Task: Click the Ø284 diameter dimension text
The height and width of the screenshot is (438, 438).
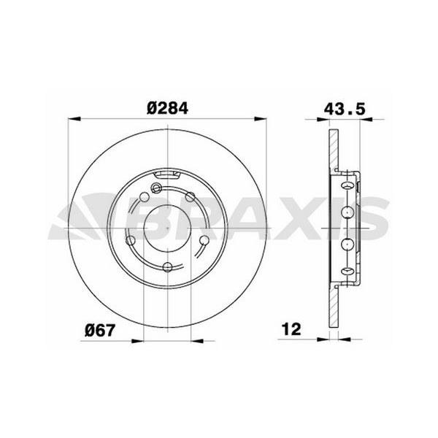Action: point(168,107)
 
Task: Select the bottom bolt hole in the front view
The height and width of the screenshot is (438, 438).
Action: point(168,266)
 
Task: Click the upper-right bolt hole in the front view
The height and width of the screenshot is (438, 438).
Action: point(190,196)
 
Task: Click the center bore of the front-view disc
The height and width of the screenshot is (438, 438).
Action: point(168,226)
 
